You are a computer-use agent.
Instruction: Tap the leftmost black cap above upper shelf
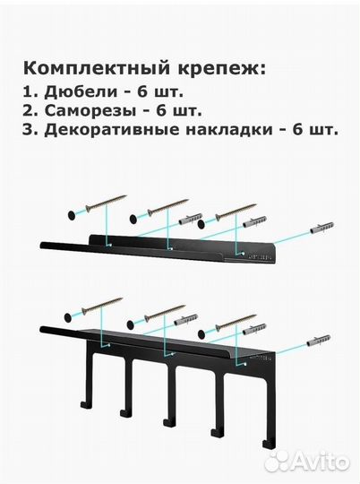click(x=69, y=215)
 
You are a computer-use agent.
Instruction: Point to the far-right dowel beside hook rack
click(x=319, y=341)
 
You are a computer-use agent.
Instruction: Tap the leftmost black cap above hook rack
click(x=69, y=316)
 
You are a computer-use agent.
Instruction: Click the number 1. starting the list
click(x=30, y=91)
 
